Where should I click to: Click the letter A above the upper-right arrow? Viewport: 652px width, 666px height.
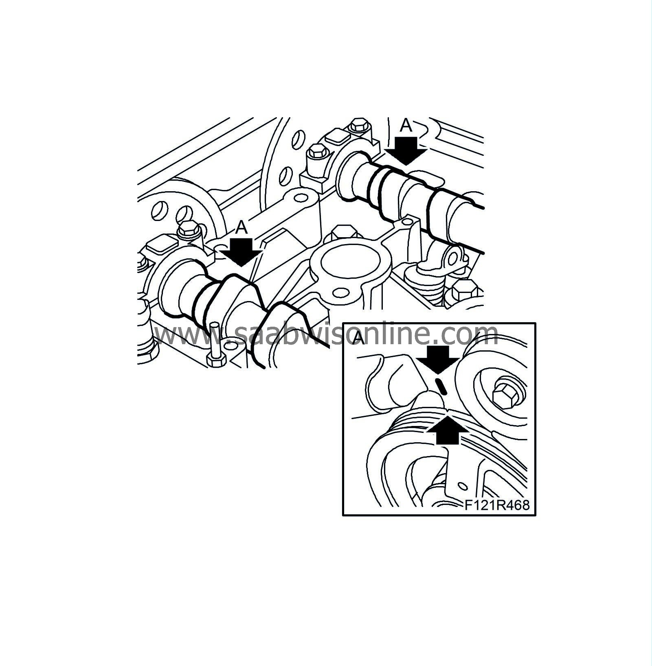pyautogui.click(x=406, y=126)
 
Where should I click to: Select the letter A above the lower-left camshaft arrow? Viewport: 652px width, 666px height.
pyautogui.click(x=241, y=227)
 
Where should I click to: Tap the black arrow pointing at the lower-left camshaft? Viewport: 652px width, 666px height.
pyautogui.click(x=241, y=251)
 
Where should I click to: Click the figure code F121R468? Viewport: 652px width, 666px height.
pyautogui.click(x=497, y=505)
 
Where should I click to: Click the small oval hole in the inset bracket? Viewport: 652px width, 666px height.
pyautogui.click(x=462, y=486)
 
